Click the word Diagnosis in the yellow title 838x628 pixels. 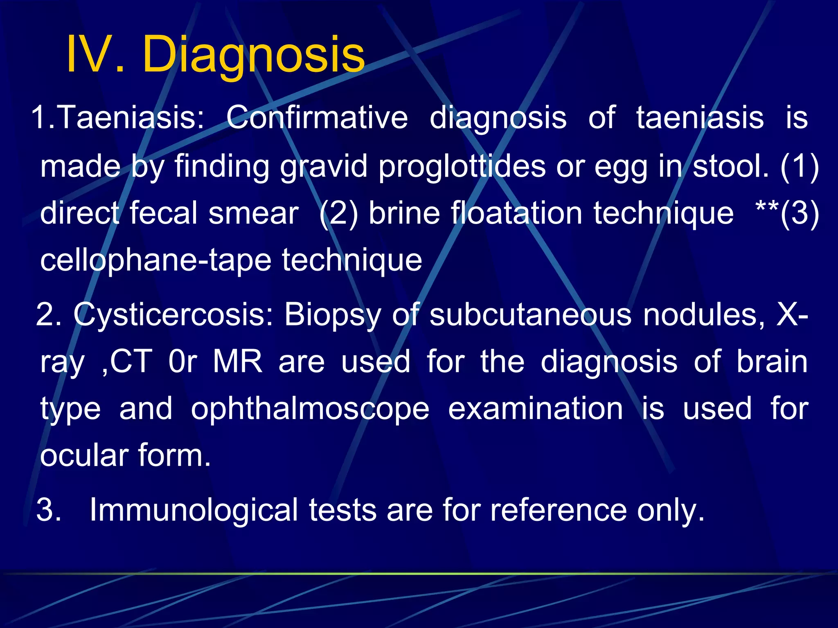pyautogui.click(x=253, y=54)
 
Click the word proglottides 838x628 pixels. pyautogui.click(x=462, y=166)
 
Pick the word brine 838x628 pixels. pyautogui.click(x=404, y=213)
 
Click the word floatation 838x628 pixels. pyautogui.click(x=517, y=213)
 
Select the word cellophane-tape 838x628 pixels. pyautogui.click(x=156, y=260)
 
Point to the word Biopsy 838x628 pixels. pyautogui.click(x=333, y=315)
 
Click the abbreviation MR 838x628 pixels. pyautogui.click(x=237, y=362)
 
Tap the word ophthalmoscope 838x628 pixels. pyautogui.click(x=310, y=409)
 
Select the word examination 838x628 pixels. pyautogui.click(x=536, y=408)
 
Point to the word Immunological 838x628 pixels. pyautogui.click(x=194, y=510)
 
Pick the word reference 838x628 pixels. pyautogui.click(x=559, y=510)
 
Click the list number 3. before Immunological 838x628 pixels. pyautogui.click(x=49, y=510)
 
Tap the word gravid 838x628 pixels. pyautogui.click(x=324, y=166)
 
